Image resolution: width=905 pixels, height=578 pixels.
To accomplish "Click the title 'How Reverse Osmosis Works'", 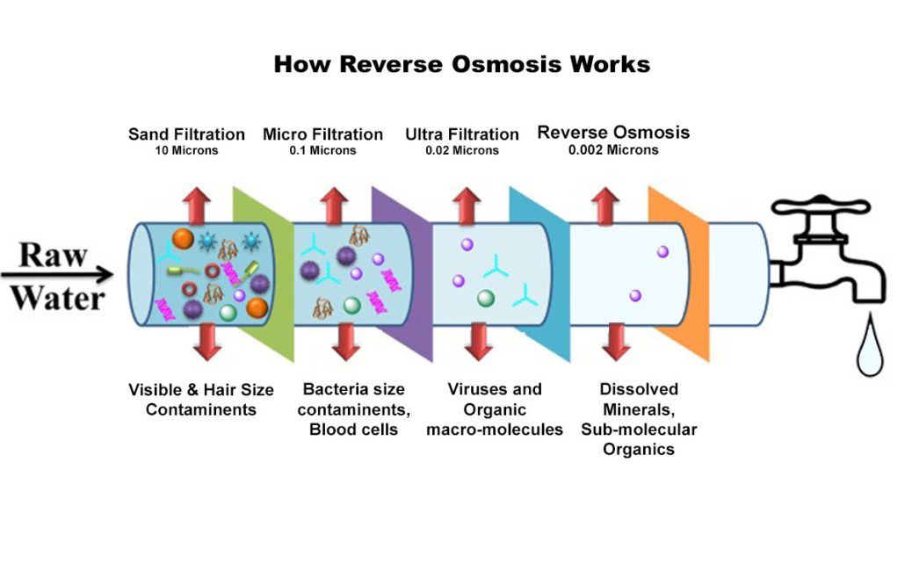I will pos(462,64).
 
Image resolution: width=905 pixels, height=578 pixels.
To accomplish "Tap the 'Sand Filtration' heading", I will pos(186,134).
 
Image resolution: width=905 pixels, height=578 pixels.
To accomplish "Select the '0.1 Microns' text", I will pos(322,150).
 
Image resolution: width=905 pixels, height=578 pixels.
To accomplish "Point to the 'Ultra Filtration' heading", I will pos(461,134).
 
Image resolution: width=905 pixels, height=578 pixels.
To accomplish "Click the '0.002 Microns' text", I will pos(613,150).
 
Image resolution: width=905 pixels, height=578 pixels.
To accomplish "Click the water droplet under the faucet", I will pos(869,350).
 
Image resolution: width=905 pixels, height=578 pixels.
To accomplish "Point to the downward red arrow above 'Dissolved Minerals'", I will pos(618,342).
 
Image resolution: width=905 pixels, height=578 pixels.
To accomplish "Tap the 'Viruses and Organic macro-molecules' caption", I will pos(494,409).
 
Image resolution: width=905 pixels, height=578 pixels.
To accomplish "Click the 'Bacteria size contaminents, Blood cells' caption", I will pos(354,409).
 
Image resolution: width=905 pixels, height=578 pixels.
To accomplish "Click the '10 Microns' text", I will pos(186,150).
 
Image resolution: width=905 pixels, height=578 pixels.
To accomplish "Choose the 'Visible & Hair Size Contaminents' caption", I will pos(201,400).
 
